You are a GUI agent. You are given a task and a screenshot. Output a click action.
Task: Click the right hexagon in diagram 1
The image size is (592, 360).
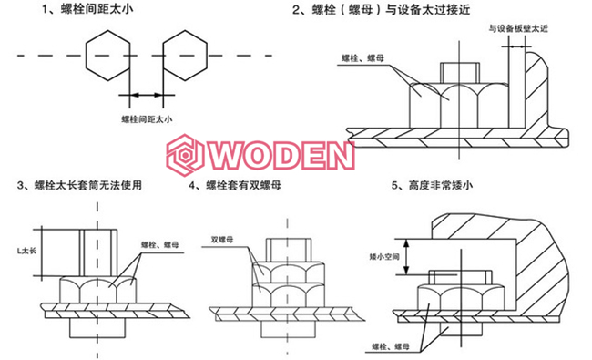(189, 57)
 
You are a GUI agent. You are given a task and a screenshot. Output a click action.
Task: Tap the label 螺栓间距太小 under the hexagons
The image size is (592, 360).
(147, 118)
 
